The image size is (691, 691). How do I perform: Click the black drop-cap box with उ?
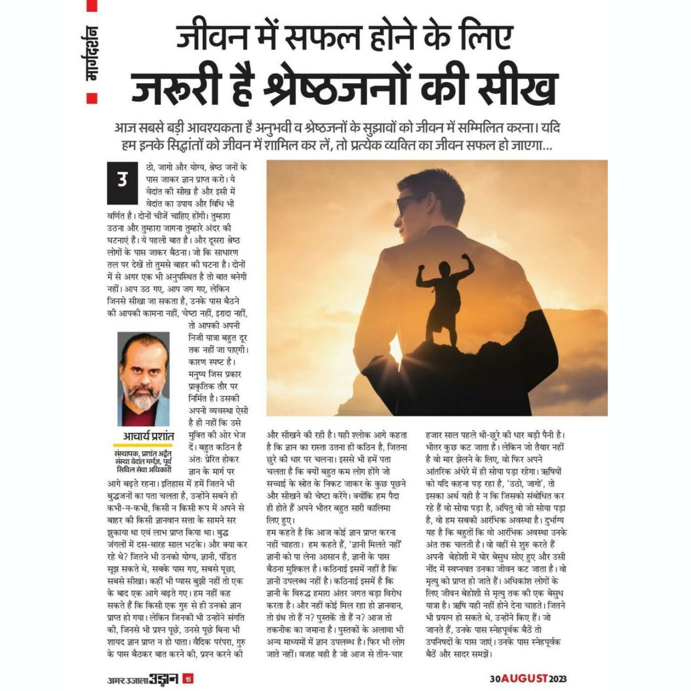coord(123,182)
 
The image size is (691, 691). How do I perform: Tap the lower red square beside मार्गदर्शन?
coord(92,98)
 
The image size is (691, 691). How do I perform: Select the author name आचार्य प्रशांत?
coord(148,436)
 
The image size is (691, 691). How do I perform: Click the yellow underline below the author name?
coord(143,445)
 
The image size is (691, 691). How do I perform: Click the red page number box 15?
coord(188,679)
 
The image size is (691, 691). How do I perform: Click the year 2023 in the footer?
coord(557,679)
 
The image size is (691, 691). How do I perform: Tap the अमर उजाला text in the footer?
coord(127,679)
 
